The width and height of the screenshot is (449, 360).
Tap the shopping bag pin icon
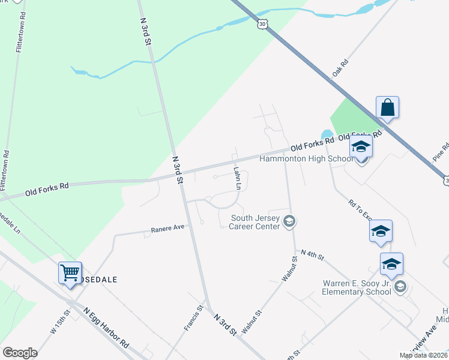[x=388, y=108]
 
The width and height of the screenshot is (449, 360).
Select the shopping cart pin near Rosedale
[x=70, y=273]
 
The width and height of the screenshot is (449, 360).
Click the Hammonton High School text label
[x=306, y=159]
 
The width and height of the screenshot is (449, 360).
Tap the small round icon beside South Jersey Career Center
[x=289, y=222]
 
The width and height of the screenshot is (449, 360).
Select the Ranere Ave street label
[x=169, y=229]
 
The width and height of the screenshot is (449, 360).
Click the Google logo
[x=20, y=353]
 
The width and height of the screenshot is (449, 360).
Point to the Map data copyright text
[x=423, y=355]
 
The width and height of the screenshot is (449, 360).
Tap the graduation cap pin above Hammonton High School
[x=361, y=146]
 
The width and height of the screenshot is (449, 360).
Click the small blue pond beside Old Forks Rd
[x=327, y=134]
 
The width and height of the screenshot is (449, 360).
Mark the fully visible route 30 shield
[x=262, y=24]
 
